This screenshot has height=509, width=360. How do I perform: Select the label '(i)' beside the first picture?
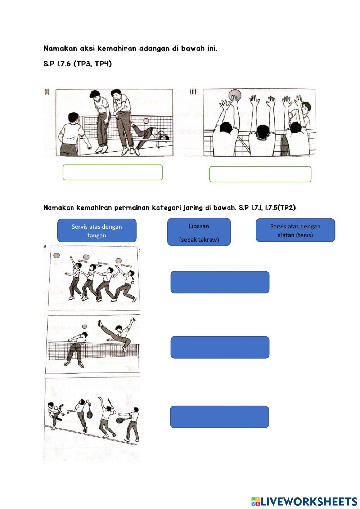47,91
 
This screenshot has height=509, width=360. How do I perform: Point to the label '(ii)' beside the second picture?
193,91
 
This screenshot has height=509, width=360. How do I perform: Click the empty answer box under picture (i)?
113,172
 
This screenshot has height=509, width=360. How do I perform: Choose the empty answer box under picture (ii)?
260,174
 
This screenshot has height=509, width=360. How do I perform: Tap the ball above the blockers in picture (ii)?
234,95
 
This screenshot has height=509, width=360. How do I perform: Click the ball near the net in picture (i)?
146,121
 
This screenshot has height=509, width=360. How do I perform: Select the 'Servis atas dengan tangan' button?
97,231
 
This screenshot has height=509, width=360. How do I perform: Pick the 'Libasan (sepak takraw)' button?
199,232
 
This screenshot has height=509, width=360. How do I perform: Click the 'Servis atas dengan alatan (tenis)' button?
295,230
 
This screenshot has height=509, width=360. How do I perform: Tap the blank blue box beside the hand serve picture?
220,282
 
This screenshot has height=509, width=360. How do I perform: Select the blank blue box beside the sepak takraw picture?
220,347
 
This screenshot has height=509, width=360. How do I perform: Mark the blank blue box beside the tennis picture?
219,417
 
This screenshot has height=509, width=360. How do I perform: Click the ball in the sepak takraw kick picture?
84,326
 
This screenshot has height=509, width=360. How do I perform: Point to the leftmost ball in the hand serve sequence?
57,255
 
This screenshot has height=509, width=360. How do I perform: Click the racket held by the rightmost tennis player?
120,420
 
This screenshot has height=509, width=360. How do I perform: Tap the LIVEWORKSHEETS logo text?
309,501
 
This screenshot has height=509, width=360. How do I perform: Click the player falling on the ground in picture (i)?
151,134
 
